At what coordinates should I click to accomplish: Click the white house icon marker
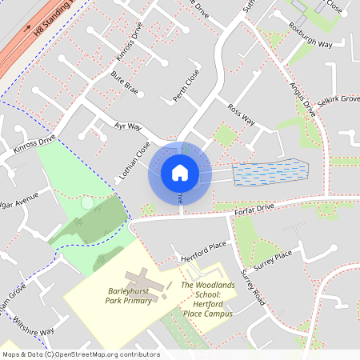click(x=179, y=172)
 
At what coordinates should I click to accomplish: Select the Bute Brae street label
click(x=124, y=84)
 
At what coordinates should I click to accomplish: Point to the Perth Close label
click(x=186, y=86)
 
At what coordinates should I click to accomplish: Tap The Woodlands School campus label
click(x=206, y=299)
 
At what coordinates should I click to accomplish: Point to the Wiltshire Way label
click(x=32, y=327)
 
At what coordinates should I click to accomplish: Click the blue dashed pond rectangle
click(x=270, y=173)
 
